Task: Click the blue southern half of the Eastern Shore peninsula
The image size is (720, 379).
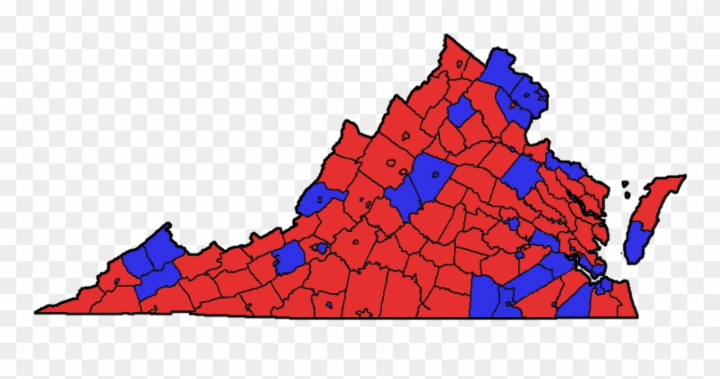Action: [636, 243]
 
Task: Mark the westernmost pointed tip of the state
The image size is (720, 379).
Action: [38, 311]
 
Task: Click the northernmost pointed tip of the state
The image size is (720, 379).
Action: [447, 37]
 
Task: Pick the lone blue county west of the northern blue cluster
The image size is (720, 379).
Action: [460, 110]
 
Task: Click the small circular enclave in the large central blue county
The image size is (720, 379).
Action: [434, 174]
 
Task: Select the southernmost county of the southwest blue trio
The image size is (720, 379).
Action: [157, 279]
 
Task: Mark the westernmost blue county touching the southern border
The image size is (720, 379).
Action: [484, 296]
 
